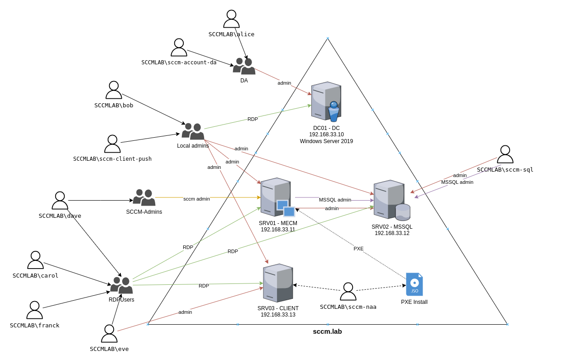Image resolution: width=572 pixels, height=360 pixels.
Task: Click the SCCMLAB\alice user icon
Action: pyautogui.click(x=231, y=19)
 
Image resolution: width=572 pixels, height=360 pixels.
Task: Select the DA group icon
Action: pyautogui.click(x=244, y=66)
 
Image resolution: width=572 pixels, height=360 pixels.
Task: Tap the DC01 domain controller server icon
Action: pyautogui.click(x=326, y=101)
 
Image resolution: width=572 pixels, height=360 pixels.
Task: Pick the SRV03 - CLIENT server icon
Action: pyautogui.click(x=278, y=283)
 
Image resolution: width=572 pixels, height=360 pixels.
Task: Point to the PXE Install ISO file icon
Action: pyautogui.click(x=414, y=284)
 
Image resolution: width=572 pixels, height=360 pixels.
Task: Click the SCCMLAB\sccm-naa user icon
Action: pyautogui.click(x=348, y=292)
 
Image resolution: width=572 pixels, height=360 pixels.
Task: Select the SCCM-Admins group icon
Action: pyautogui.click(x=144, y=197)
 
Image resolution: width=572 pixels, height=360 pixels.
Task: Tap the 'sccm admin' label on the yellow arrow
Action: pyautogui.click(x=196, y=199)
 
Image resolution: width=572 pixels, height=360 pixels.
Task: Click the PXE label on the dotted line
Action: pyautogui.click(x=358, y=249)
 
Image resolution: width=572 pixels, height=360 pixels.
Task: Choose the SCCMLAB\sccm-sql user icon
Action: pyautogui.click(x=505, y=154)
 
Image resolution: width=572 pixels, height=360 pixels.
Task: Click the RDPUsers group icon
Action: pyautogui.click(x=121, y=285)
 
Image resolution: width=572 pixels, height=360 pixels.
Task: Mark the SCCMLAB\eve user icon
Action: pyautogui.click(x=109, y=334)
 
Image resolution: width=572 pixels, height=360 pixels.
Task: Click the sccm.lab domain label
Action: pyautogui.click(x=327, y=331)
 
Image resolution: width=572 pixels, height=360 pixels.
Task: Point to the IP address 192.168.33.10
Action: pyautogui.click(x=326, y=134)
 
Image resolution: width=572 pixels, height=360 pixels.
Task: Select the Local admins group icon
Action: pyautogui.click(x=193, y=131)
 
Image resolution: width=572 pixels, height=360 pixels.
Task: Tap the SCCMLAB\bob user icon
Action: pyautogui.click(x=114, y=90)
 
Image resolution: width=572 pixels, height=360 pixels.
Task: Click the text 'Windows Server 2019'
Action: pyautogui.click(x=326, y=141)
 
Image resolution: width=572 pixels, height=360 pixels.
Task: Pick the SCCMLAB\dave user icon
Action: pyautogui.click(x=60, y=201)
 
